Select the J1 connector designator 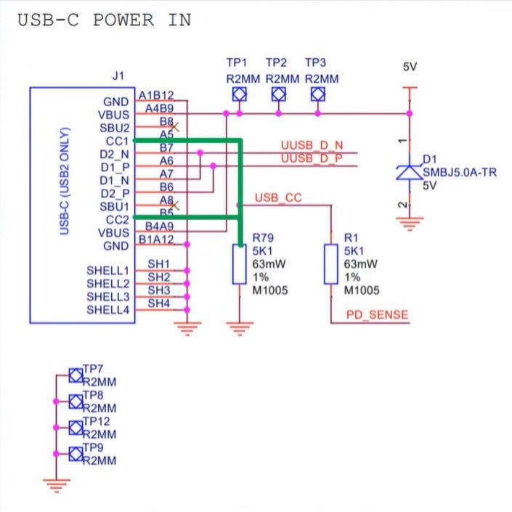pos(119,76)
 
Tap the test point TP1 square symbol pos(238,94)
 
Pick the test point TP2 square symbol pos(278,94)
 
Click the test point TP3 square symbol pos(317,94)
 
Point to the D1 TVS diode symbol pos(410,171)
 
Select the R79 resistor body pos(239,264)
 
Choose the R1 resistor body pos(331,264)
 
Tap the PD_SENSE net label pos(375,315)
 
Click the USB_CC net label pos(278,198)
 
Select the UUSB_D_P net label pos(312,158)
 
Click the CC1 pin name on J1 pos(116,140)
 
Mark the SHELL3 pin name pos(108,296)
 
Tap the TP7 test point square pos(76,375)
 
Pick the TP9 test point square pos(76,454)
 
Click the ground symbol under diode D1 pos(410,224)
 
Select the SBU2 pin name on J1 pos(115,127)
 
